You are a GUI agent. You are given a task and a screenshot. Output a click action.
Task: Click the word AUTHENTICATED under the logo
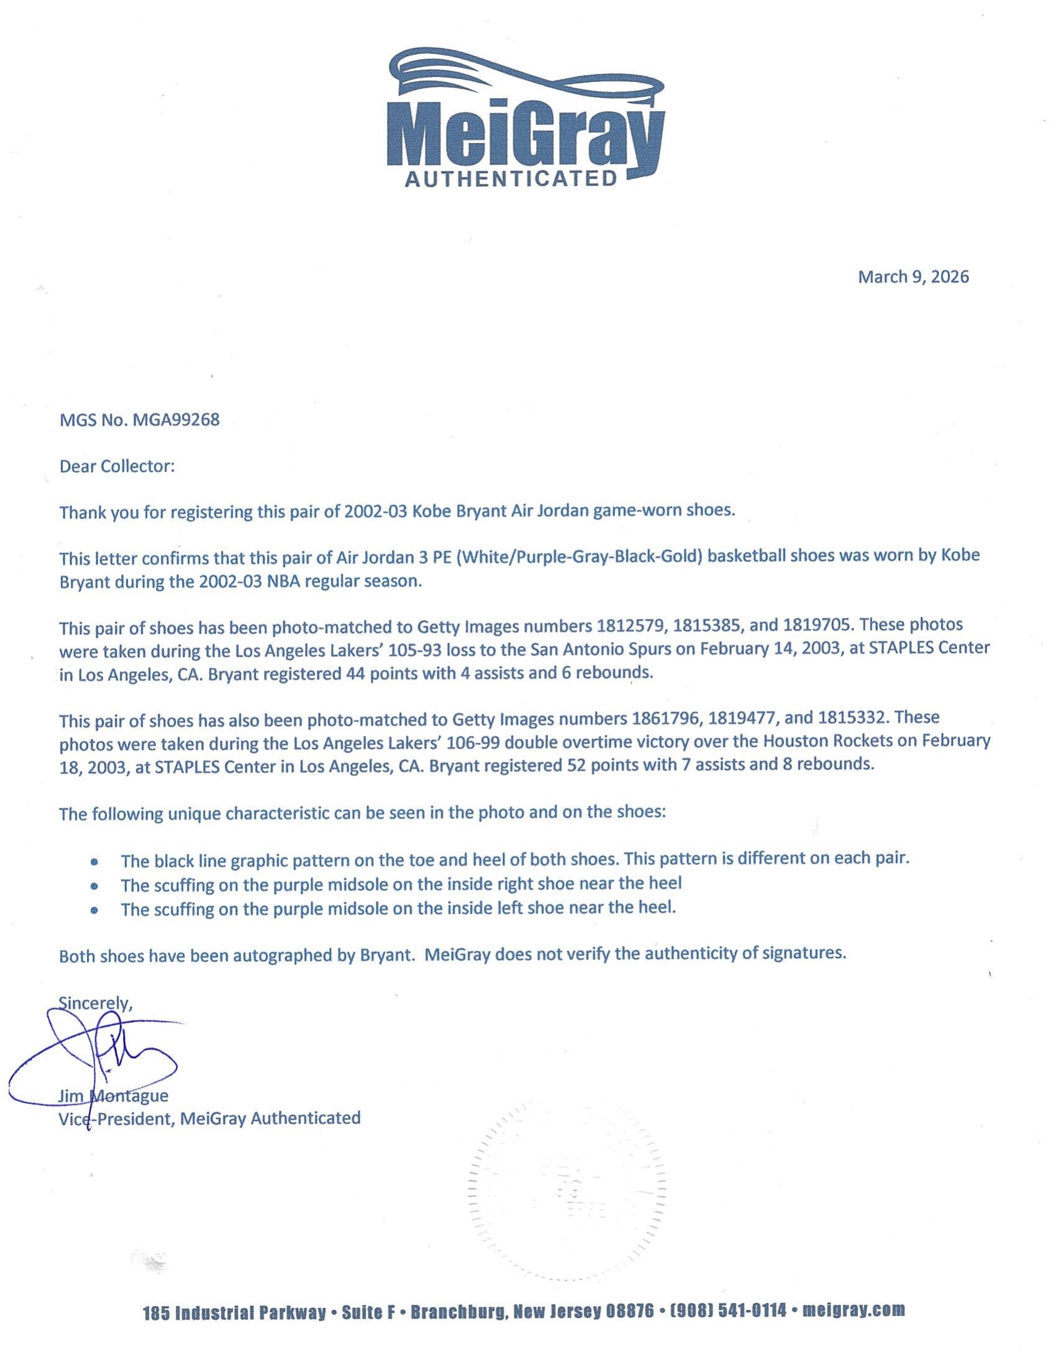511,180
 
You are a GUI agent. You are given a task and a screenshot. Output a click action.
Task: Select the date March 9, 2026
913,277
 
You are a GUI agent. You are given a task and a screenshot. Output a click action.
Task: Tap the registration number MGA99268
176,420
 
